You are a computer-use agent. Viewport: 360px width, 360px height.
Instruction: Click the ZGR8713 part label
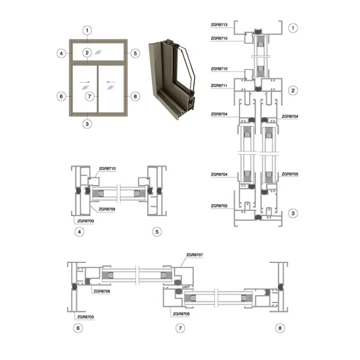[x=219, y=25]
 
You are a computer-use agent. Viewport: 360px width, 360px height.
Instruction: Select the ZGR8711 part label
[x=219, y=85]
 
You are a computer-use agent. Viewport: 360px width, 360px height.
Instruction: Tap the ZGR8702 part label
[x=219, y=206]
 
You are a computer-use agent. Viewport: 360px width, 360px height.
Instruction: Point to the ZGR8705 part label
[x=290, y=174]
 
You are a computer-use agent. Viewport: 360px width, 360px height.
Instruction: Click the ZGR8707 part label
[x=194, y=255]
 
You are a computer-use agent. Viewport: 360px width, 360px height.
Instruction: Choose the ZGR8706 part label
[x=102, y=291]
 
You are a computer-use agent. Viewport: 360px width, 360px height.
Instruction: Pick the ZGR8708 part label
[x=181, y=314]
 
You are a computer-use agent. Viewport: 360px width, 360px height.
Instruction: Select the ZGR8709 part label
[x=107, y=209]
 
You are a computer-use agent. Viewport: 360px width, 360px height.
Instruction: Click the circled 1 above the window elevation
[x=87, y=30]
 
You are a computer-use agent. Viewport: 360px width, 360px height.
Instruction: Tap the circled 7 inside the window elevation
[x=90, y=96]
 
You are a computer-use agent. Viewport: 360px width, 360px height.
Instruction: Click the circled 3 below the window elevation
[x=87, y=124]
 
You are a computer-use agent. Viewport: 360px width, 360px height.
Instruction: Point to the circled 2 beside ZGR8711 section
[x=293, y=90]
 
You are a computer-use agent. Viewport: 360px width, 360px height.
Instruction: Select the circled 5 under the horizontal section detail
[x=157, y=232]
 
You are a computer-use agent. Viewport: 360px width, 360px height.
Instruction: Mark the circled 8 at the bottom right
[x=280, y=328]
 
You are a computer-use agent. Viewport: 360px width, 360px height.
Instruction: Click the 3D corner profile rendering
[x=172, y=80]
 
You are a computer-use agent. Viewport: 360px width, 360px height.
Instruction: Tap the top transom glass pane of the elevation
[x=99, y=52]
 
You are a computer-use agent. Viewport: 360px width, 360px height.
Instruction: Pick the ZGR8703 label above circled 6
[x=85, y=317]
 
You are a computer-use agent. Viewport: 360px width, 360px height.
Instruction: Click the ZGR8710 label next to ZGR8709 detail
[x=107, y=168]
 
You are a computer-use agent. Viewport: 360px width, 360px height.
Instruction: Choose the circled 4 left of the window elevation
[x=61, y=54]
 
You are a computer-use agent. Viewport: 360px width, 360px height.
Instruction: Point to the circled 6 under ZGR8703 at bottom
[x=78, y=328]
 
